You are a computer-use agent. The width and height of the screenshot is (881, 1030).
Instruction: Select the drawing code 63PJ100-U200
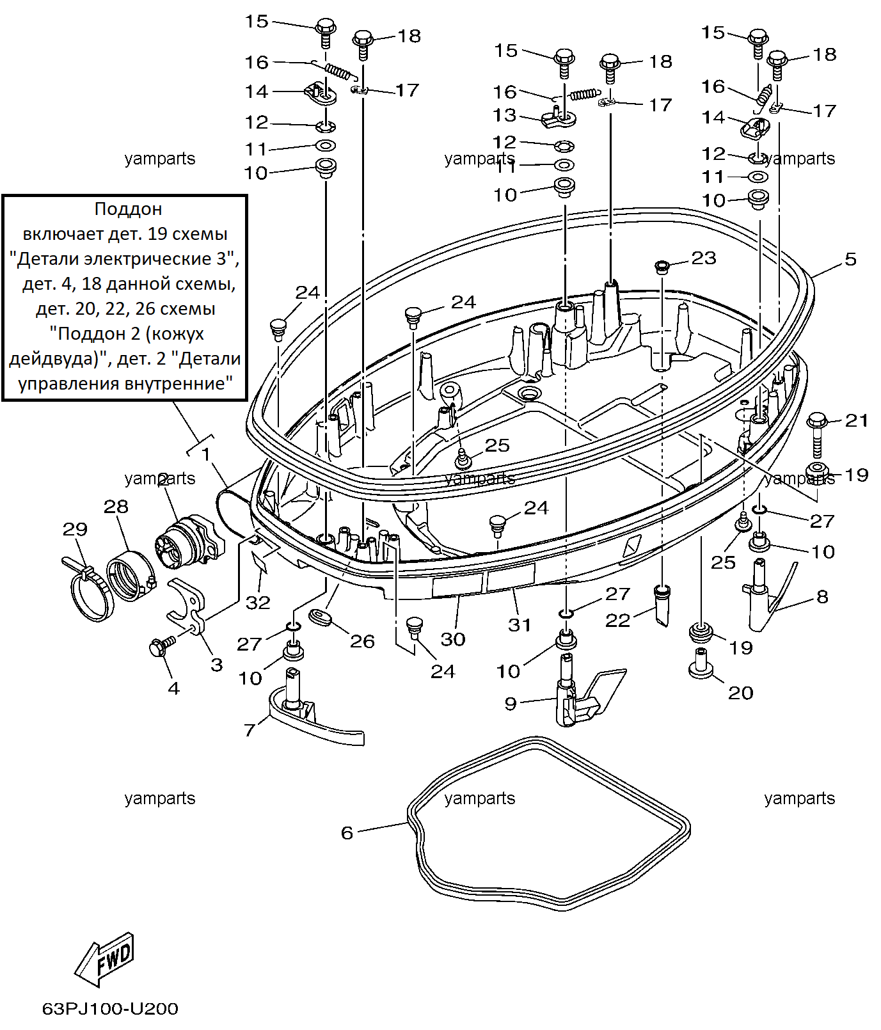110,1009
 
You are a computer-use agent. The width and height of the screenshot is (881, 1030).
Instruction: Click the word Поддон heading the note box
128,209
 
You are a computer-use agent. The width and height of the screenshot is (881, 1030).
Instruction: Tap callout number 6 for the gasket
347,832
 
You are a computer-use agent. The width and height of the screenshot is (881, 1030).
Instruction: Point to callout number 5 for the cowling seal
850,259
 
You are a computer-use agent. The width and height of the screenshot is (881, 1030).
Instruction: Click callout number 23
704,258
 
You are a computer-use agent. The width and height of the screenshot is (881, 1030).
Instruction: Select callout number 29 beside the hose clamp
75,529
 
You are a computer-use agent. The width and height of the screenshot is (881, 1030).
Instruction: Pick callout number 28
116,507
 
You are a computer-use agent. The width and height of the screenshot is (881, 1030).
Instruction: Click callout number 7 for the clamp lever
250,730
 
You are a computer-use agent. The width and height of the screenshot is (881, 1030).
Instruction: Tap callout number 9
510,704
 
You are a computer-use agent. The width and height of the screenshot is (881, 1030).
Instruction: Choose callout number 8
823,597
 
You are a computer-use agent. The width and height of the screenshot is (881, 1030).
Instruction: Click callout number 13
504,115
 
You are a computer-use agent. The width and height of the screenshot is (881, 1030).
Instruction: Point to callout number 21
857,420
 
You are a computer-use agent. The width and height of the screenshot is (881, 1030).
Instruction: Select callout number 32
258,603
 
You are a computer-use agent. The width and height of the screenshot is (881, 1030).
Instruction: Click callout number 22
617,620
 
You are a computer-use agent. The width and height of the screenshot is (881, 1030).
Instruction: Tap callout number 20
741,693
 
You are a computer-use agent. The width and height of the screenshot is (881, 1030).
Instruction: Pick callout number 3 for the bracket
217,665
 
